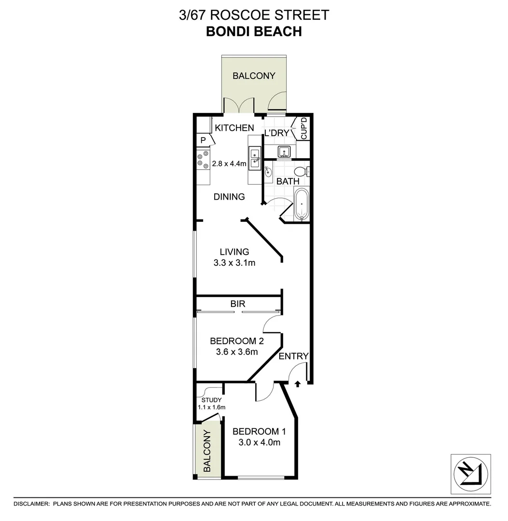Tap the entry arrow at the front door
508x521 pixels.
[x=297, y=384]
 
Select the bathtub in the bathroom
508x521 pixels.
[x=301, y=204]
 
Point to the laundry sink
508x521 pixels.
[x=284, y=152]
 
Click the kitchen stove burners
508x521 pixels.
[x=203, y=160]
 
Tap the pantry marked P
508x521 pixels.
[x=203, y=141]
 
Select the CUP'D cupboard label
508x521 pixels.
[x=304, y=129]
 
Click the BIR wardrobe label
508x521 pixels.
[x=238, y=303]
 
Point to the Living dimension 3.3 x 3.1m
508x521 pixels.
[x=234, y=263]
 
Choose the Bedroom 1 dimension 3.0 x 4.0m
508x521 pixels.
[x=257, y=442]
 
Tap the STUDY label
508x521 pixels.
[x=212, y=400]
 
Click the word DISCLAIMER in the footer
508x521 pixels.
[x=31, y=504]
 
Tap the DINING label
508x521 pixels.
[x=230, y=197]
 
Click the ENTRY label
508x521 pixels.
[x=293, y=356]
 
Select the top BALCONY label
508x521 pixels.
[x=254, y=76]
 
